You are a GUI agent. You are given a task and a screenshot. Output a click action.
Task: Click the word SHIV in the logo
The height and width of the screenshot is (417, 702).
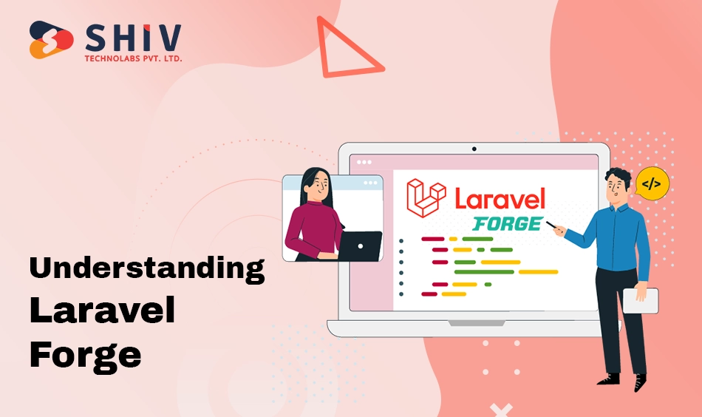(x=134, y=37)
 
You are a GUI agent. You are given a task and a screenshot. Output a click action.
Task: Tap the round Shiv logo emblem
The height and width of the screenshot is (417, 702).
(x=51, y=39)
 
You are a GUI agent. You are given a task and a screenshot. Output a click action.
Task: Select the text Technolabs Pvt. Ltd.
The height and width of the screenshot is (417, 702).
(x=134, y=58)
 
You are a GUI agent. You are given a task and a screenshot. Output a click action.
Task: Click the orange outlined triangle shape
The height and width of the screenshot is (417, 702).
(x=347, y=48)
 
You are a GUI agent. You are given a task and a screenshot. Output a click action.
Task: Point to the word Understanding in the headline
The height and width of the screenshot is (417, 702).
(x=147, y=268)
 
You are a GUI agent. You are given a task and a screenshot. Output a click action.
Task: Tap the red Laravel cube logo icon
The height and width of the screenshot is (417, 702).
(x=426, y=197)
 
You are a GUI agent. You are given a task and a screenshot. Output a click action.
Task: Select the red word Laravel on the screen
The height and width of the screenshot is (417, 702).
(x=500, y=198)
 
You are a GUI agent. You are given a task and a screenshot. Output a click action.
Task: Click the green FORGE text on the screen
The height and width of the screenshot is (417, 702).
(x=508, y=223)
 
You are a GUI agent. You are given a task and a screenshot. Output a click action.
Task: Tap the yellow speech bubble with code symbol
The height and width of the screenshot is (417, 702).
(x=652, y=183)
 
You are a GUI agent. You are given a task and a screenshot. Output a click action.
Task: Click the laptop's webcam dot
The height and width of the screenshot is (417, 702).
(x=474, y=149)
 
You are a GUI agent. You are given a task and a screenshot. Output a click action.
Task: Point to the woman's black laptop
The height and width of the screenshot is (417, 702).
(x=360, y=246)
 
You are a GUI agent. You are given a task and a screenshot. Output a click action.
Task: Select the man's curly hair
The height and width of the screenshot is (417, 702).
(x=618, y=175)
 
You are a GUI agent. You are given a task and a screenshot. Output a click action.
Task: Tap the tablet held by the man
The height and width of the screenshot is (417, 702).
(x=641, y=300)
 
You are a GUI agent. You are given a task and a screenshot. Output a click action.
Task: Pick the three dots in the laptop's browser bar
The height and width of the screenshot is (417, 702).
(x=364, y=162)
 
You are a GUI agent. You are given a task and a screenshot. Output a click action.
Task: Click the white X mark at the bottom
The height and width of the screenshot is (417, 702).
(x=501, y=410)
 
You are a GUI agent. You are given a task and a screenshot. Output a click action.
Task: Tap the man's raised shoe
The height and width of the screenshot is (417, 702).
(x=640, y=382)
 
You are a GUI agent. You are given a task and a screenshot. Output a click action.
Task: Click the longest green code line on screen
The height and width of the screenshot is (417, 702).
(x=484, y=272)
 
